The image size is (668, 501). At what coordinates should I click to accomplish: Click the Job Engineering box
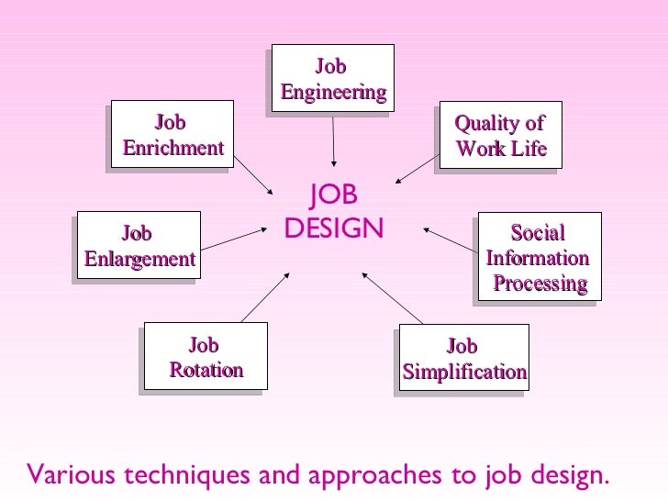[332, 78]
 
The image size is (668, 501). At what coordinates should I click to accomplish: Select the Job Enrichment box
[173, 134]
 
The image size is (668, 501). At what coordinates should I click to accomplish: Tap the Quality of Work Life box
[501, 135]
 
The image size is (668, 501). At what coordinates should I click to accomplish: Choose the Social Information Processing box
[539, 257]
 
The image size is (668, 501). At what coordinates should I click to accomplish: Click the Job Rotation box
[205, 357]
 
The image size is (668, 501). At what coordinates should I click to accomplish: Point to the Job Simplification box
[465, 359]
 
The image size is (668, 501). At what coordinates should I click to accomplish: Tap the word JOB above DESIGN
[334, 195]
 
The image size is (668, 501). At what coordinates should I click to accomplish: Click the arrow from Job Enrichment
[254, 174]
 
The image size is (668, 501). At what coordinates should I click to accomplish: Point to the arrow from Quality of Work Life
[417, 169]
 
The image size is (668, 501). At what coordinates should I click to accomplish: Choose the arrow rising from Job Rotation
[267, 295]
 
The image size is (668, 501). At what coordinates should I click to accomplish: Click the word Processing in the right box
[540, 283]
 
